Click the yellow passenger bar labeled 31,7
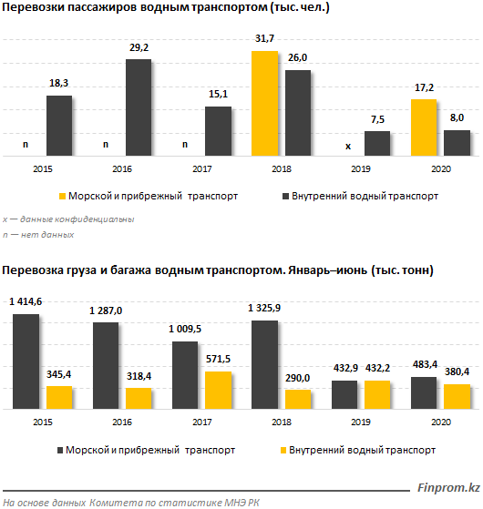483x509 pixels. coord(264,104)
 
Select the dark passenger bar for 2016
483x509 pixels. coord(139,107)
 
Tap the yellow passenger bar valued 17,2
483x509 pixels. coord(424,127)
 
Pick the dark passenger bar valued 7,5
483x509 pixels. coord(377,144)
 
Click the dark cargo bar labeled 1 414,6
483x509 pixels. coord(26,361)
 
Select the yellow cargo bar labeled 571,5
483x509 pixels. coord(219,391)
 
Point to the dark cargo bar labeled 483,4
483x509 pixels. coord(424,392)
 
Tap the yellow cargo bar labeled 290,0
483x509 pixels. coord(298,400)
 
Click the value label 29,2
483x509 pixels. coord(139,47)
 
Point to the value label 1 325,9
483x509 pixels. coord(264,308)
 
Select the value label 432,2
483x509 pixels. coord(377,368)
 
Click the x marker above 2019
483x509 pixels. coord(348,146)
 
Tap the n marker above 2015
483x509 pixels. coord(26,145)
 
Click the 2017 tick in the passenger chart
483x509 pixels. coord(201,168)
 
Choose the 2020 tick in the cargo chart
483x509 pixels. coord(441,422)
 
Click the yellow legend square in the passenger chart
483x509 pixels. coord(62,196)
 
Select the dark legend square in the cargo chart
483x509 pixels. coord(60,450)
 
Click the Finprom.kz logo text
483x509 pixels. coord(448,487)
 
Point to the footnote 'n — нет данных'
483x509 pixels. coord(38,235)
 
